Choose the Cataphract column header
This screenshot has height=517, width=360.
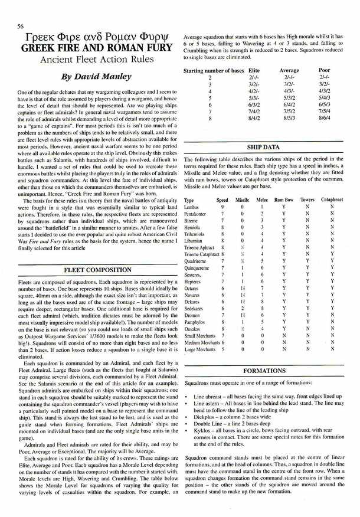[332, 201]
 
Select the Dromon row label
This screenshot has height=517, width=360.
[192, 315]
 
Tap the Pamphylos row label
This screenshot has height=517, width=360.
[195, 322]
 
